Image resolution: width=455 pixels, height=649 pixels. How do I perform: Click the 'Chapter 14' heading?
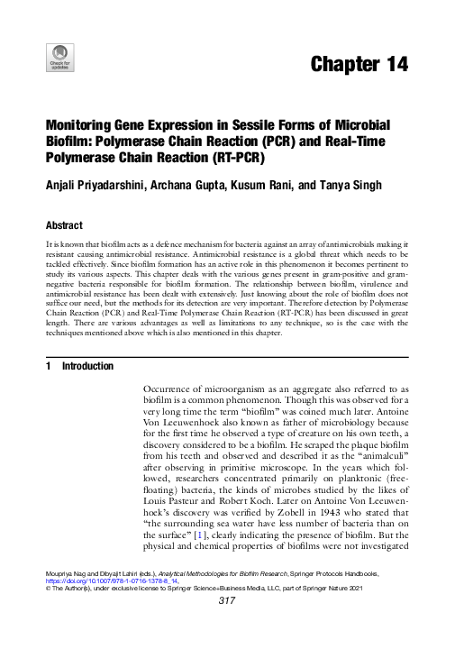tap(358, 64)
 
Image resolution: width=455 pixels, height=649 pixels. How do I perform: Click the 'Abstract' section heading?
tap(64, 225)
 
